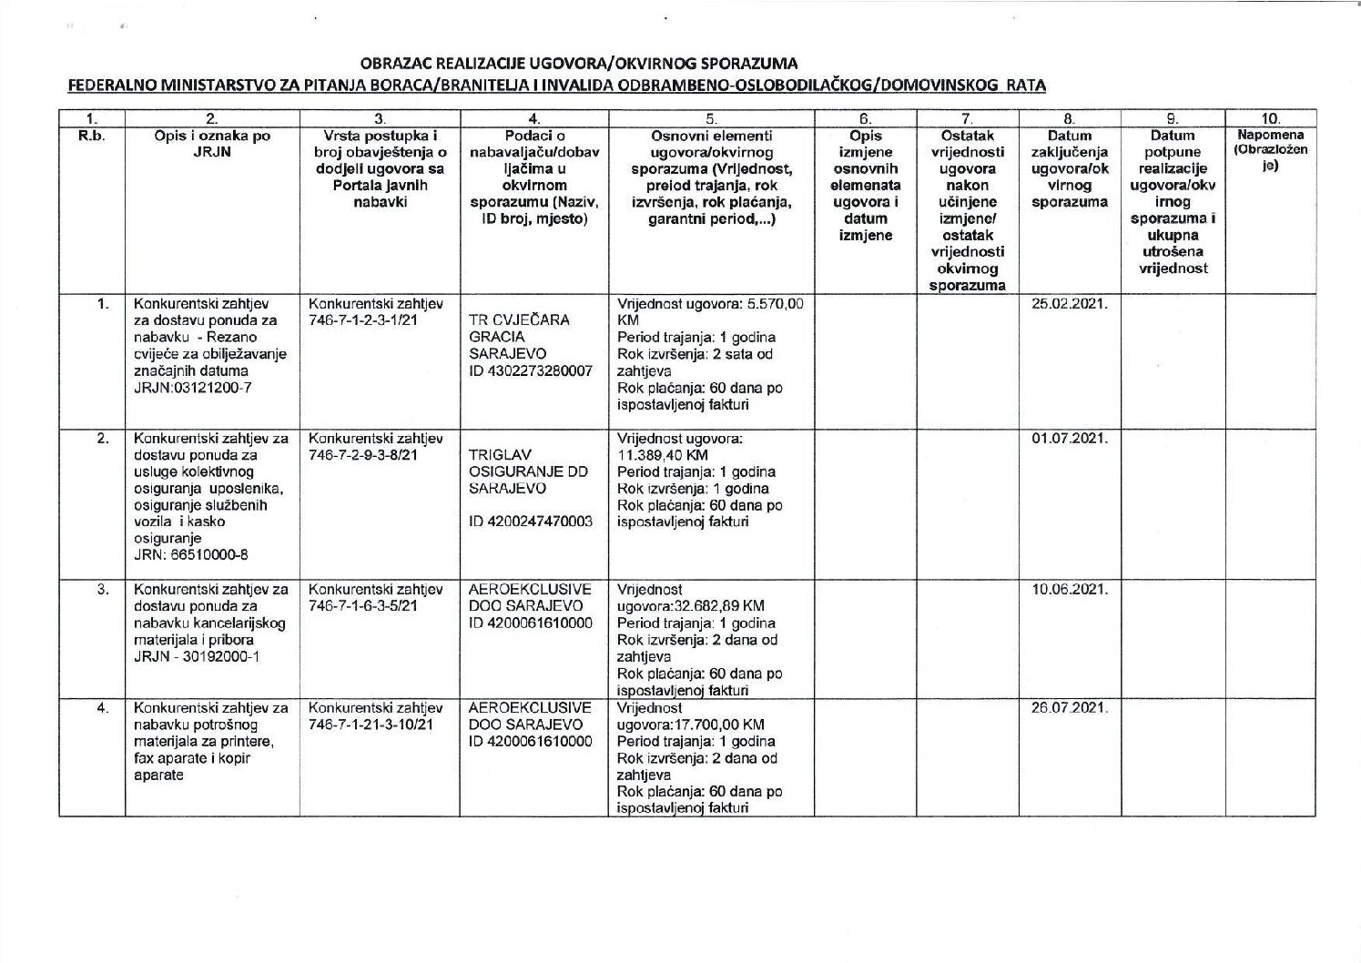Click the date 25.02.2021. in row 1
[x=1069, y=304]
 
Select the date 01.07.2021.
[x=1069, y=439]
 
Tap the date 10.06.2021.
[x=1069, y=590]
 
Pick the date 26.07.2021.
[x=1069, y=708]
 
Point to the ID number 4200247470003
[x=530, y=522]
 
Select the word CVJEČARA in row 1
[x=532, y=320]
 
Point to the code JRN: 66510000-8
[x=191, y=555]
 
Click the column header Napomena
[x=1271, y=136]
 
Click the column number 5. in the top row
[x=711, y=118]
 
